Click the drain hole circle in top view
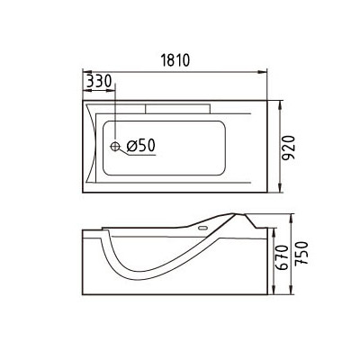pyautogui.click(x=115, y=144)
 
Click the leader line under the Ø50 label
pyautogui.click(x=144, y=155)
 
